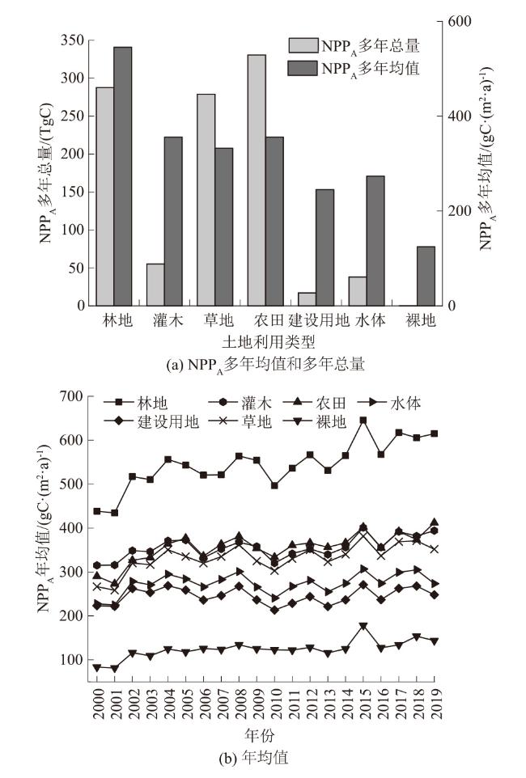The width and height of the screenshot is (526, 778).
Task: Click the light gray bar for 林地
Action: [x=104, y=197]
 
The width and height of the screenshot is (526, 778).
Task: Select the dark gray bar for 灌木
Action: [x=173, y=222]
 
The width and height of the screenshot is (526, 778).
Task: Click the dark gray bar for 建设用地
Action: [x=325, y=247]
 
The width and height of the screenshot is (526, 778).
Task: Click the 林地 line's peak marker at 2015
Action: [x=363, y=421]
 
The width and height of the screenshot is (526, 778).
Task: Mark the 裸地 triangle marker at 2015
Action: [x=363, y=626]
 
